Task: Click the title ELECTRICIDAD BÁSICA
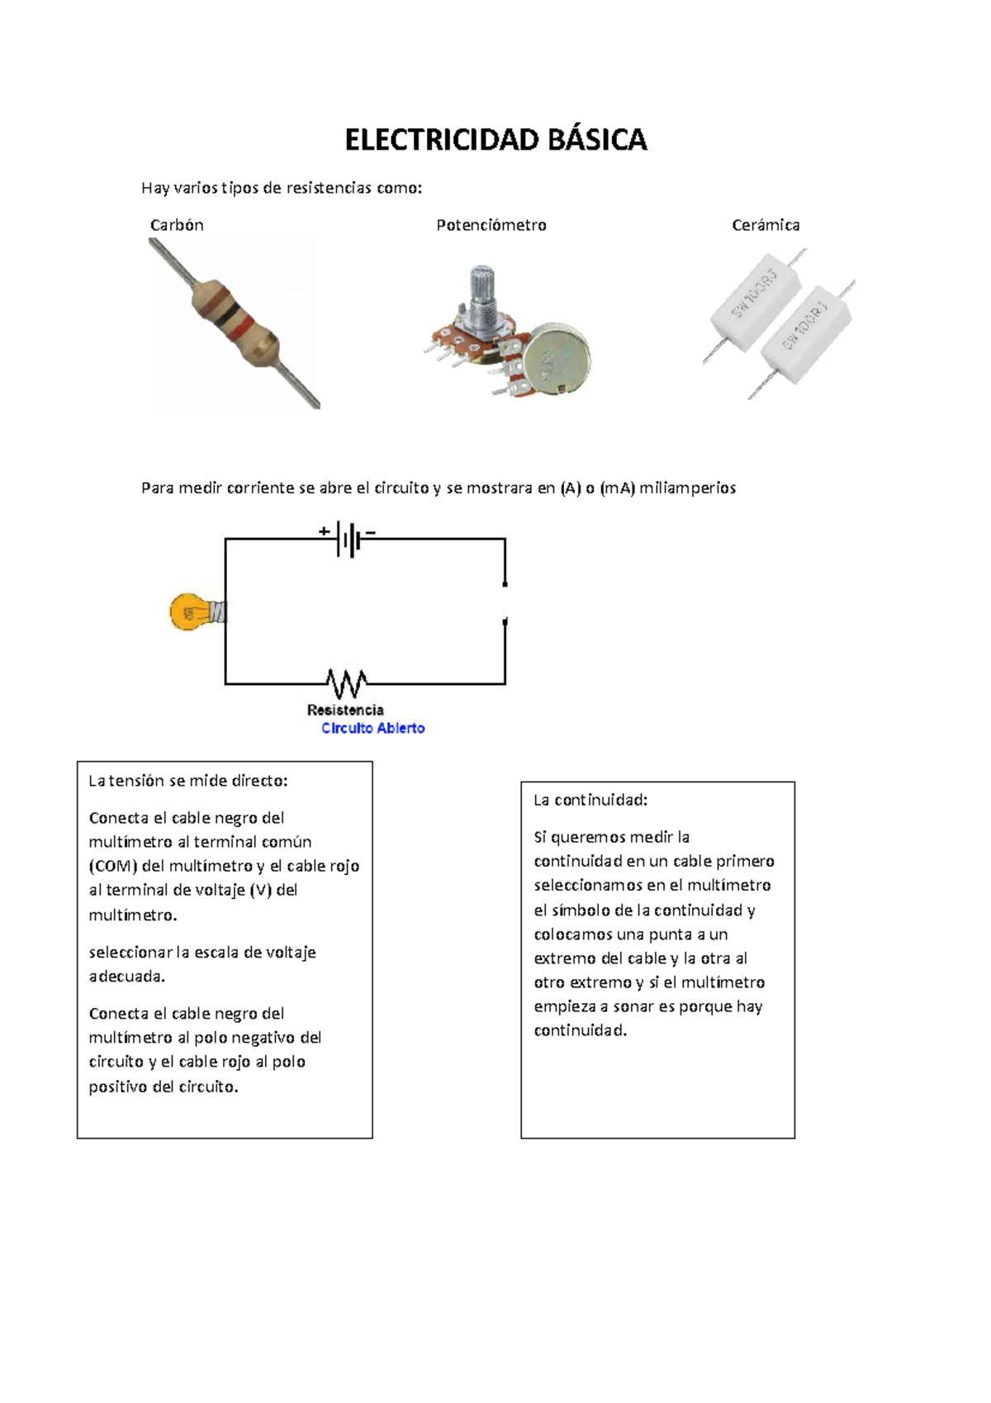point(495,140)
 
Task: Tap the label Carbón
point(177,225)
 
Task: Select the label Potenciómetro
point(491,225)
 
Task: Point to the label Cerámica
point(766,225)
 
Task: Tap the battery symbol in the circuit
point(350,540)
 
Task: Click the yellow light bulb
point(192,612)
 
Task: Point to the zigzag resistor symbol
point(347,683)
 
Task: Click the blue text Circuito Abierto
point(372,728)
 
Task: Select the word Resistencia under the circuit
point(345,710)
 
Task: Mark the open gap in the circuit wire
point(505,602)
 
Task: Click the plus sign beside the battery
point(325,531)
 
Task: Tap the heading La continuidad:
point(590,800)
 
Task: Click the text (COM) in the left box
point(113,866)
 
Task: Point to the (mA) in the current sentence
point(618,487)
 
